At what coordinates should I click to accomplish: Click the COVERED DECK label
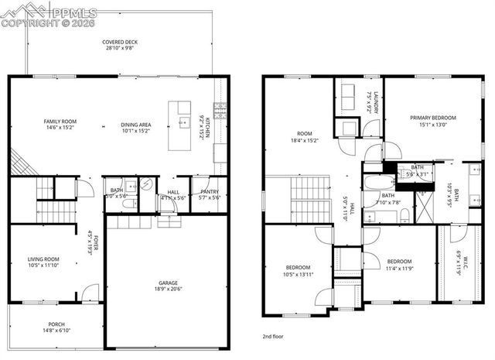119,42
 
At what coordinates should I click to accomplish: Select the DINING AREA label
135,125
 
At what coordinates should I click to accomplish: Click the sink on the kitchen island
183,122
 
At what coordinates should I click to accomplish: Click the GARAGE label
168,283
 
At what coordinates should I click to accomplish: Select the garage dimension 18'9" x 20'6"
168,291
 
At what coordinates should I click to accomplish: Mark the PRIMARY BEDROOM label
432,118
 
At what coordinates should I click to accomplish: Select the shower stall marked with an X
423,207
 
